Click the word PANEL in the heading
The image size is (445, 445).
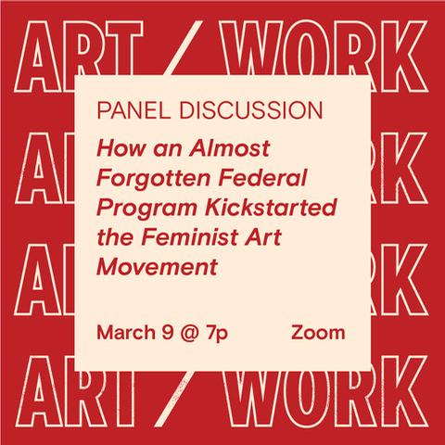pos(133,110)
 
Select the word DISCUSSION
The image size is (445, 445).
pos(251,110)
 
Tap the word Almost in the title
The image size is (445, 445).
pos(230,148)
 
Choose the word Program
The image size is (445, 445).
pos(146,209)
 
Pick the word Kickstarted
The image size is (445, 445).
pos(271,208)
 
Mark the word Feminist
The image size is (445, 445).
pos(190,237)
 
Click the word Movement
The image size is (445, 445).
pos(158,267)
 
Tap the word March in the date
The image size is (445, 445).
pos(126,333)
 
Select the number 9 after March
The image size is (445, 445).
pos(167,333)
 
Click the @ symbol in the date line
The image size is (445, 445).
pos(190,334)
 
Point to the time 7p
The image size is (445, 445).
pos(217,335)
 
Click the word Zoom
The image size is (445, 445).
pos(318,333)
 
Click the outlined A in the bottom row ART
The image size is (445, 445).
pos(39,391)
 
